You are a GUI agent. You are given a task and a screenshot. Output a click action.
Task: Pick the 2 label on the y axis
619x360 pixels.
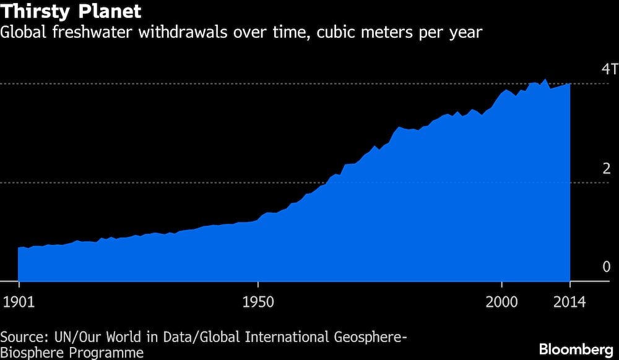tap(606, 168)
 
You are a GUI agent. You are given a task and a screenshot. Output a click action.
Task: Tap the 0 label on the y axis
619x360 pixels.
tap(606, 267)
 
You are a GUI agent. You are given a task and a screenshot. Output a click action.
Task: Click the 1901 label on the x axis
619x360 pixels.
tap(19, 304)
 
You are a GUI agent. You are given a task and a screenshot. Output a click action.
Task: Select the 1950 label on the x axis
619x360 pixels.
tap(258, 304)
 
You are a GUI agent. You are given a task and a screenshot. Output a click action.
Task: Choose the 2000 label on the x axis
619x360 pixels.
tap(501, 304)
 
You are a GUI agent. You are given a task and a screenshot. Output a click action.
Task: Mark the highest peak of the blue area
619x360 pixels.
tap(545, 79)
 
